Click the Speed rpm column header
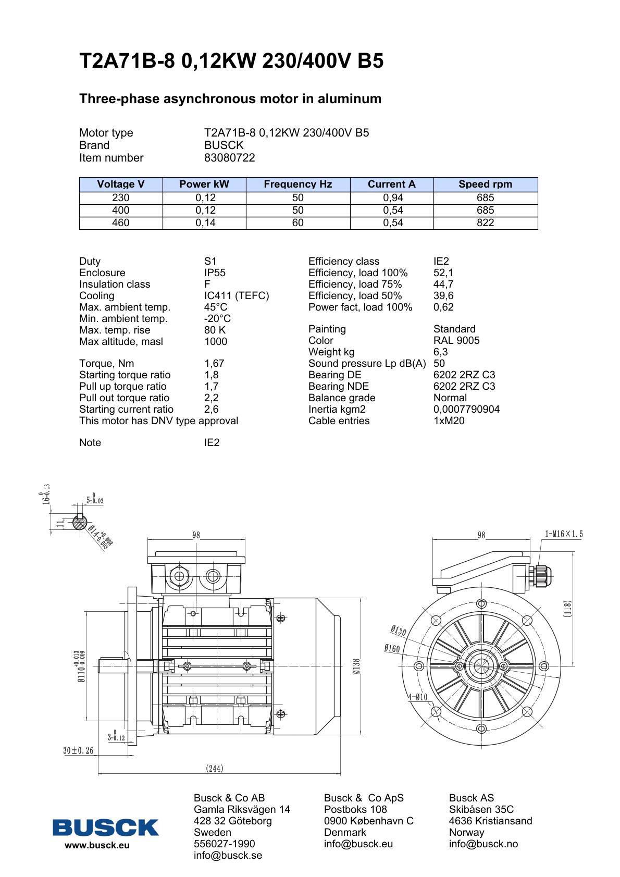click(485, 184)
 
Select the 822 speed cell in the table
click(485, 223)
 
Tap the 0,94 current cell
click(393, 198)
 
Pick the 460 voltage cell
click(120, 223)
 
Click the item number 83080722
click(229, 158)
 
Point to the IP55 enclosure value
click(215, 273)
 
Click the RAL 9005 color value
click(456, 341)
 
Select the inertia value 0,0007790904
click(466, 410)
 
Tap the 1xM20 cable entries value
click(449, 421)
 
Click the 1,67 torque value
click(214, 364)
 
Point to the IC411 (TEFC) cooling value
click(237, 296)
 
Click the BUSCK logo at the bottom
click(105, 827)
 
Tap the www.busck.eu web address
click(97, 846)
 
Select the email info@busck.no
click(483, 844)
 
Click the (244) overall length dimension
click(215, 769)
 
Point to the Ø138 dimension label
click(356, 666)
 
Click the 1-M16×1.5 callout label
click(564, 534)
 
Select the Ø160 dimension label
click(392, 649)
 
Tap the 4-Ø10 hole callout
click(417, 697)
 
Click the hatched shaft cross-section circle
click(80, 522)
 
